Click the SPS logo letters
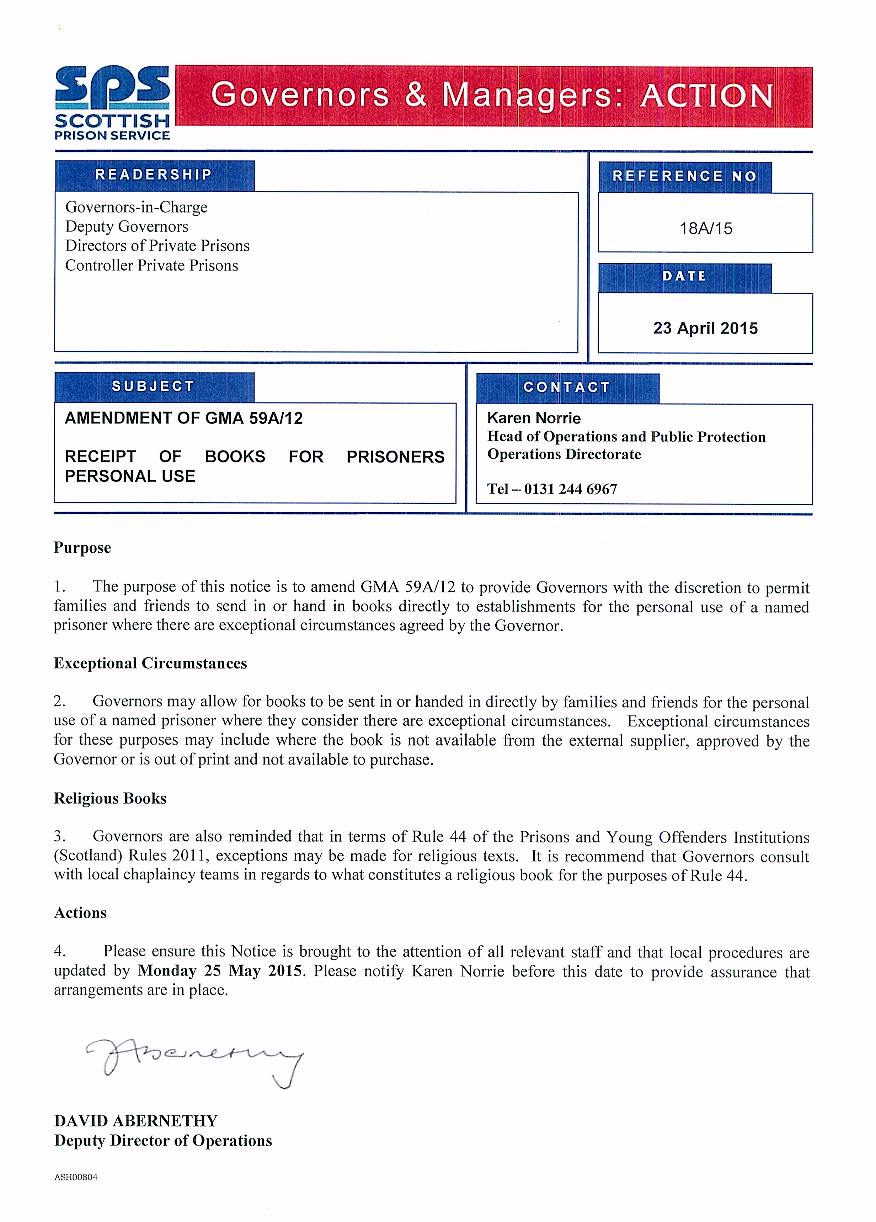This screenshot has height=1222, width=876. pos(112,85)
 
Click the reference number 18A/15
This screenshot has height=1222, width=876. pos(706,228)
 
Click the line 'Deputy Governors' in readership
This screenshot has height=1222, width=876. pos(127,226)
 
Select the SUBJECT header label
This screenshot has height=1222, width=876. pos(153,386)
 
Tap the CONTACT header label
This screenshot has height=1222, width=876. pos(567,388)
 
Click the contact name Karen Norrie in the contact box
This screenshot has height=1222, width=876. pos(534,418)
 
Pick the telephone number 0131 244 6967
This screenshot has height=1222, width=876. pos(570,489)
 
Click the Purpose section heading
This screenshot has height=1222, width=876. pos(82,548)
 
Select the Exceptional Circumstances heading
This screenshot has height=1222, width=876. pos(150,663)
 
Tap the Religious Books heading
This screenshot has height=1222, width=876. pos(110,799)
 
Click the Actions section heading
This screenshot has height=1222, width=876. pos(80,913)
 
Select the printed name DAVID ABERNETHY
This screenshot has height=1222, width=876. pos(136,1121)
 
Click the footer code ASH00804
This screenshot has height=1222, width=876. pos(76,1177)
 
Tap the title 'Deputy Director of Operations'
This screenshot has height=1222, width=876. pos(163,1141)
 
